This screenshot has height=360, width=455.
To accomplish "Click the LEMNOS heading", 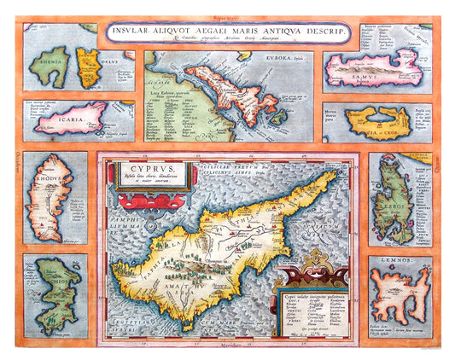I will coord(388,258).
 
